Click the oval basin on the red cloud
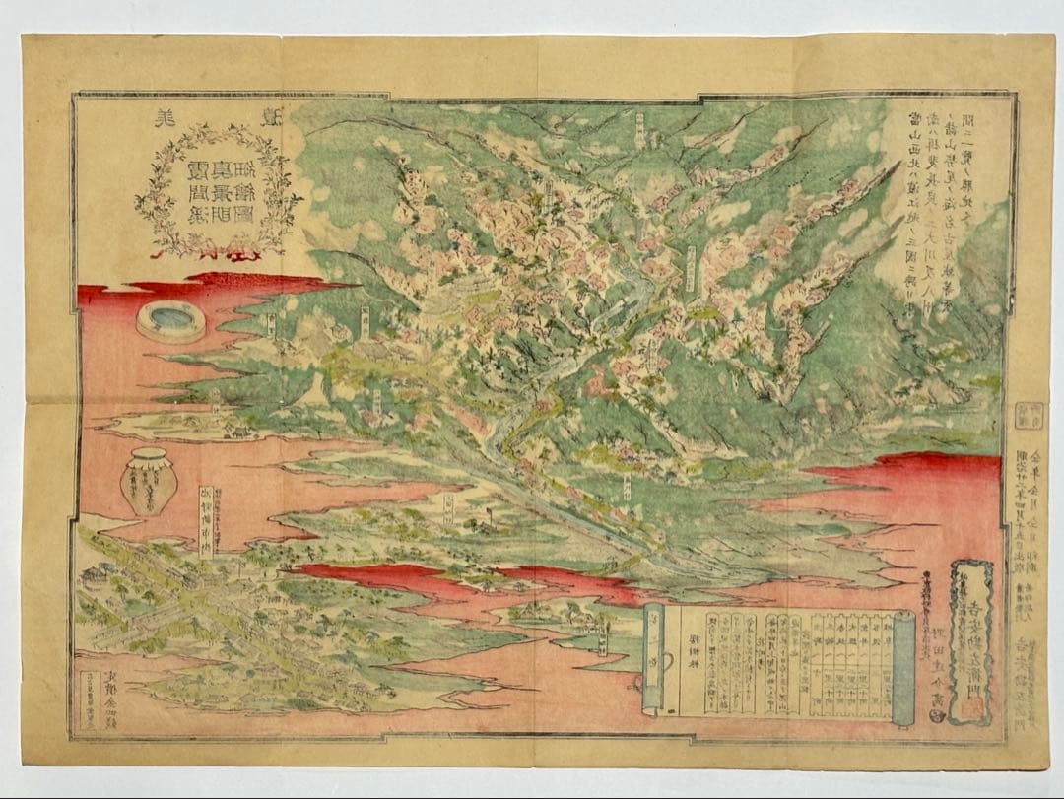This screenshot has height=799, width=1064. click(171, 320)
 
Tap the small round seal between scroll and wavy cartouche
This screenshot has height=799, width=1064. click(935, 717)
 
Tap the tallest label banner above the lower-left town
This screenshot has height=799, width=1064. click(206, 520)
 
